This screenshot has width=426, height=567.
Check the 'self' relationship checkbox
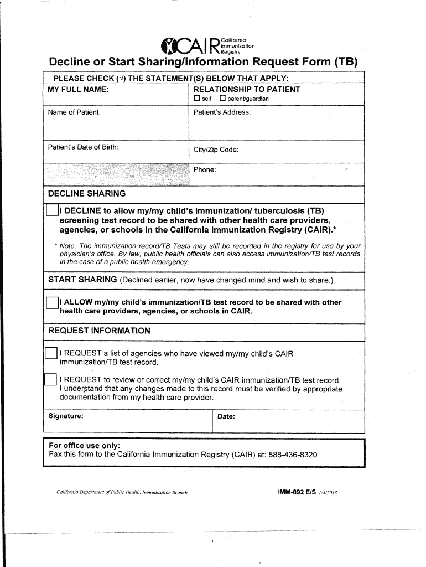(x=196, y=99)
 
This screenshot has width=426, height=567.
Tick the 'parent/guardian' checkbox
(x=222, y=99)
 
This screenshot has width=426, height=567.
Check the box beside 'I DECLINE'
(x=51, y=211)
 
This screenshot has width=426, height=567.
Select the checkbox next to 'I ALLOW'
(x=51, y=302)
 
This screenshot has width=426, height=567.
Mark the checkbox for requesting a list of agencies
(x=50, y=353)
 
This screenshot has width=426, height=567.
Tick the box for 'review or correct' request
(x=50, y=380)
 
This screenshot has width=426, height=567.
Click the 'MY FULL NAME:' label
(x=78, y=90)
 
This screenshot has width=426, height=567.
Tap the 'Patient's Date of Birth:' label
(x=83, y=147)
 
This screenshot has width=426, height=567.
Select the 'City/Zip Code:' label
(x=216, y=150)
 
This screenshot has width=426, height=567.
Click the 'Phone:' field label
(x=205, y=169)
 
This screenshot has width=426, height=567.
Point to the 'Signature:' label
(x=66, y=416)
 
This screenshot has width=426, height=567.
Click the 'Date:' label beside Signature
(x=226, y=416)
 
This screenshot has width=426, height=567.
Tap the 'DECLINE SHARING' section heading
(x=87, y=194)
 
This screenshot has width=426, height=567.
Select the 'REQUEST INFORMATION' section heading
(x=99, y=331)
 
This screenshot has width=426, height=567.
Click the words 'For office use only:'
(x=84, y=446)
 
